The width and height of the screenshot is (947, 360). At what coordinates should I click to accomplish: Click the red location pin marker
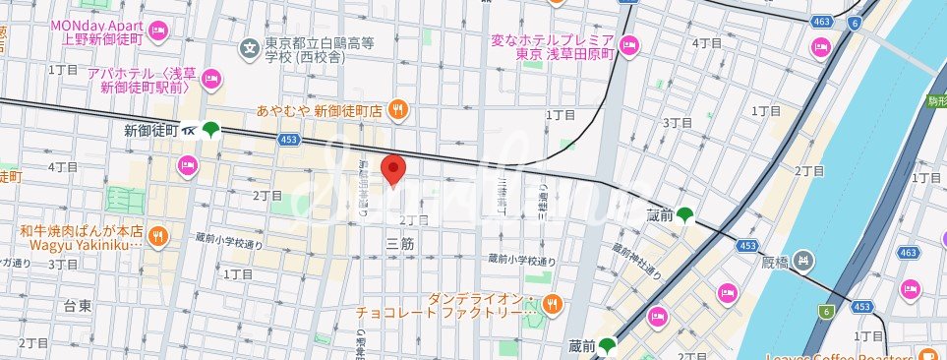[393, 169]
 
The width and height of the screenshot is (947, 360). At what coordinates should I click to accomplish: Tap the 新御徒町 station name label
[150, 130]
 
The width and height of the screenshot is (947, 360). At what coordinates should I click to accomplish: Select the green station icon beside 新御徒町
[210, 129]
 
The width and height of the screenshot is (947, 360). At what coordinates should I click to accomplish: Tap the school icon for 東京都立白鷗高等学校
[249, 45]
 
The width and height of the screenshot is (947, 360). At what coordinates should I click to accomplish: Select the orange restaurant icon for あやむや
[397, 110]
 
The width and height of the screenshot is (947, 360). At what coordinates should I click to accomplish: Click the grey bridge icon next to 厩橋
[803, 261]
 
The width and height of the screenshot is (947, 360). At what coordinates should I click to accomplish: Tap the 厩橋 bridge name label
[775, 262]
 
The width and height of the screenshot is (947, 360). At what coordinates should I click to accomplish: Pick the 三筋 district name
[400, 243]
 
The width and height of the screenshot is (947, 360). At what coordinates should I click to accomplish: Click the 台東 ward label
[79, 306]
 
